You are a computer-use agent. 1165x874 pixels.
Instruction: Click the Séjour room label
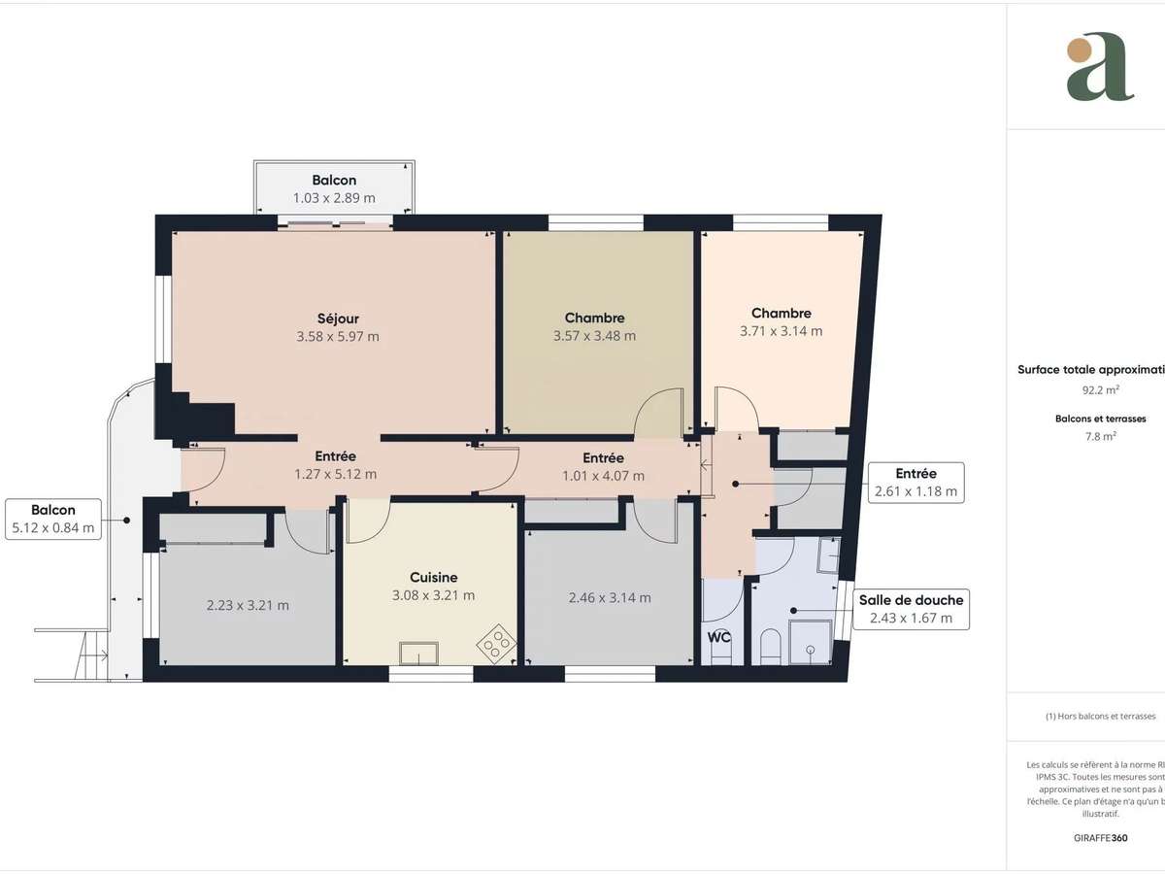click(338, 319)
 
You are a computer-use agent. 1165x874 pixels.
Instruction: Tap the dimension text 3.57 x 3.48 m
click(594, 336)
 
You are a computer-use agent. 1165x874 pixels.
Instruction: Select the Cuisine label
click(433, 577)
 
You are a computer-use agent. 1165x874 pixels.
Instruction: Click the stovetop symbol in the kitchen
click(496, 641)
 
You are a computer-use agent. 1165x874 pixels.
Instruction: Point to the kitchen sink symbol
click(419, 652)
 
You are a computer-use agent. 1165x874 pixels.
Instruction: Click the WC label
click(719, 637)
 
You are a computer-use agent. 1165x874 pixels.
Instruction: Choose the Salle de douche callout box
click(910, 609)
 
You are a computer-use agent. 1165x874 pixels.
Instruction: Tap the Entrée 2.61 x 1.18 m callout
click(915, 483)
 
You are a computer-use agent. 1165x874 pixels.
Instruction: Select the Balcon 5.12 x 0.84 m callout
click(52, 519)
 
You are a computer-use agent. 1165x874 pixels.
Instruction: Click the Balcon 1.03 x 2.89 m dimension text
click(334, 198)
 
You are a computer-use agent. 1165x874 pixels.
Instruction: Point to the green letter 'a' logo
click(1099, 67)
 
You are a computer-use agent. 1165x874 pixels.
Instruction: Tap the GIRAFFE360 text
click(1101, 837)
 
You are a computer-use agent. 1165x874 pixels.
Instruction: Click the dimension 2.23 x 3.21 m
click(248, 605)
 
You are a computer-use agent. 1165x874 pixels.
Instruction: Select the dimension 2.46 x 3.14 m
click(610, 597)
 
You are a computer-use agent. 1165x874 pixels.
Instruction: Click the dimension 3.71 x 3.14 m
click(781, 331)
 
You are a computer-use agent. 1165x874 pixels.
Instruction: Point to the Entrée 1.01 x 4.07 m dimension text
click(603, 476)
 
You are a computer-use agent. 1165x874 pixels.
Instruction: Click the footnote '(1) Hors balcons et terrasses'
click(1100, 716)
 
